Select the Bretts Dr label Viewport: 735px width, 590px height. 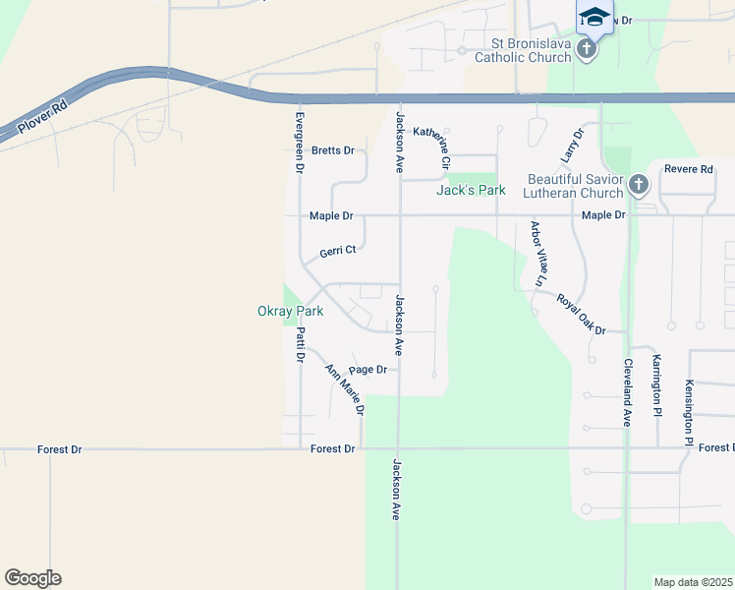pos(332,150)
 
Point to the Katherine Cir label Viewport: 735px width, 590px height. pos(431,147)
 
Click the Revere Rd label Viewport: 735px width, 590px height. pos(688,169)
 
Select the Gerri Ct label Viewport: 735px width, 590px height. pos(337,252)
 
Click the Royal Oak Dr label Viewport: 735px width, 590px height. pos(581,314)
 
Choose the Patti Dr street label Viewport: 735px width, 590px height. pos(300,344)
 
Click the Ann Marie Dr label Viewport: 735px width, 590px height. pos(345,388)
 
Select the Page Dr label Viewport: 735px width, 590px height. pos(367,370)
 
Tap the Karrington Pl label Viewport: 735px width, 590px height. pos(655,385)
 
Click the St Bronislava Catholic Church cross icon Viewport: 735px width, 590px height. pos(587,49)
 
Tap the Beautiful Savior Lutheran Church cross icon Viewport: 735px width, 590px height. pos(638,184)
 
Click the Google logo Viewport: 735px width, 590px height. pos(32,578)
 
